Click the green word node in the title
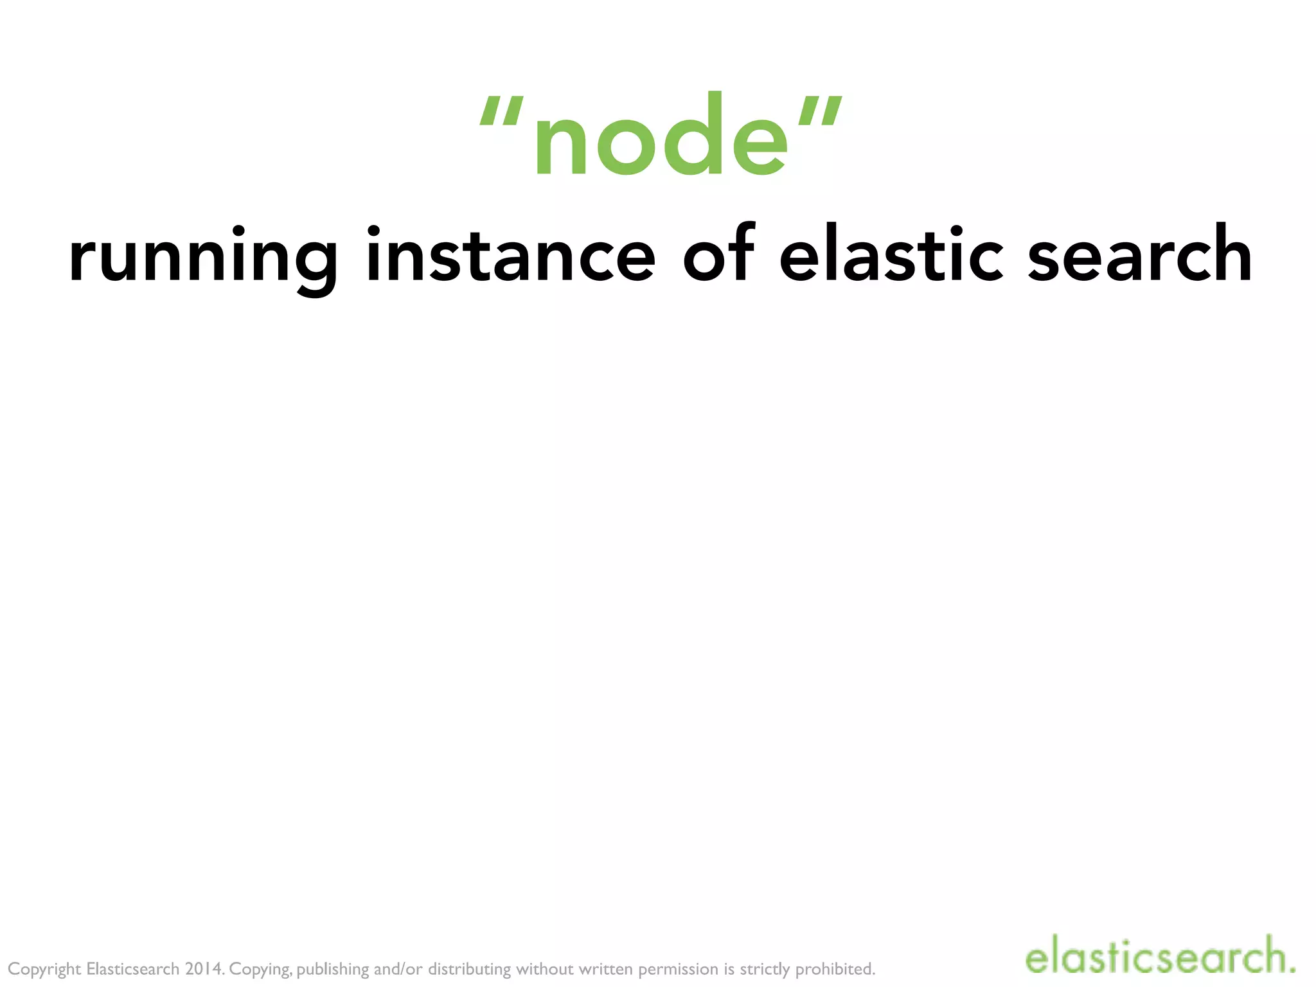click(661, 136)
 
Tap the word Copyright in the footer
click(44, 970)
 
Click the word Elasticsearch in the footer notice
click(132, 968)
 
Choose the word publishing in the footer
click(333, 970)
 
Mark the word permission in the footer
click(678, 970)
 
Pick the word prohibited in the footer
click(835, 970)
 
